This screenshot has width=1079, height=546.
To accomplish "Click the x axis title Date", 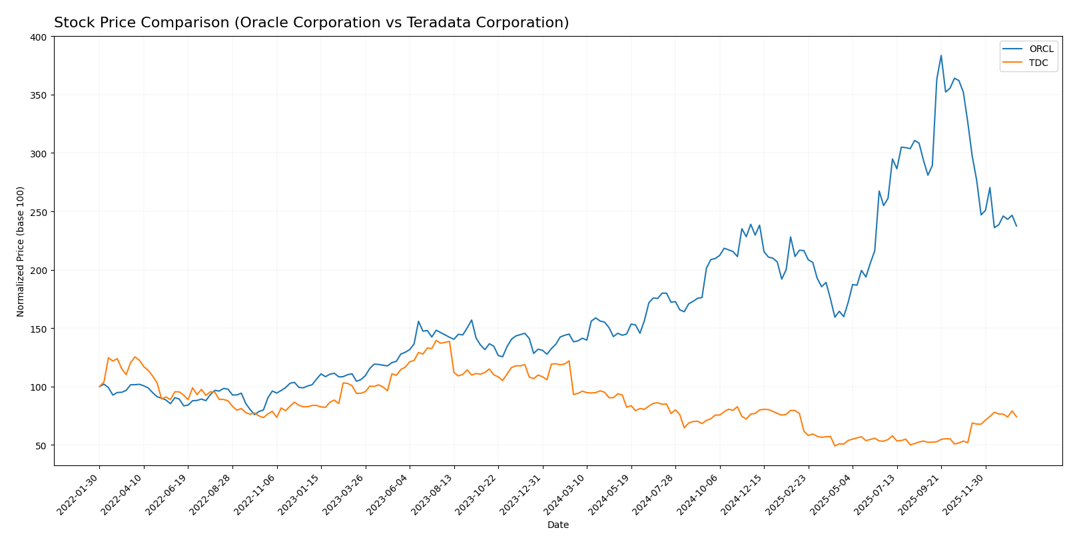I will pyautogui.click(x=557, y=525).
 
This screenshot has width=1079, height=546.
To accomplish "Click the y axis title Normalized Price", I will pyautogui.click(x=21, y=251).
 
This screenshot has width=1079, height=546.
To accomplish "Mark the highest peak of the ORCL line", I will pyautogui.click(x=941, y=55).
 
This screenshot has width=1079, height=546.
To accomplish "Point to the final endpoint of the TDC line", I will pyautogui.click(x=1016, y=417).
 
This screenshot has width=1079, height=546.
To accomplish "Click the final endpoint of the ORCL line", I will pyautogui.click(x=1016, y=226).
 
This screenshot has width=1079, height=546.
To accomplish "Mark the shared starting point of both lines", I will pyautogui.click(x=99, y=387).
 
